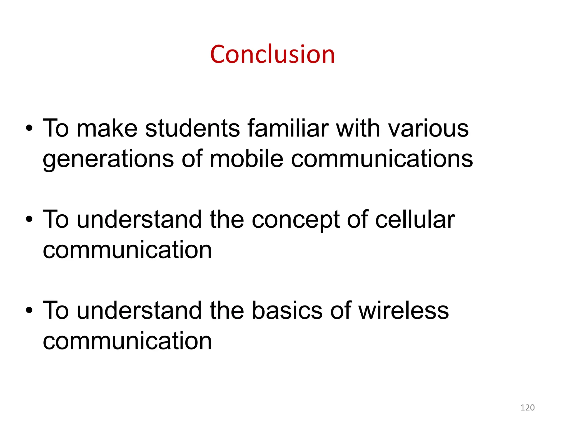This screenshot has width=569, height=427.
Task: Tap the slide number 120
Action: [x=527, y=408]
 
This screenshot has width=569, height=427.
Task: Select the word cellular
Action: [x=415, y=219]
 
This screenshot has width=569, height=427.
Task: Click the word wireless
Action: [x=403, y=310]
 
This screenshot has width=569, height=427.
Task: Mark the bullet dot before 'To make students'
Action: [x=29, y=128]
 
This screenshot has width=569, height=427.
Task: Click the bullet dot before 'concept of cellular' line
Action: [x=29, y=220]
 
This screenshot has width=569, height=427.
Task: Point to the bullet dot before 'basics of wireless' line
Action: [x=29, y=311]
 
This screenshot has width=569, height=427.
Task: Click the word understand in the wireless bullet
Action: [x=139, y=310]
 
